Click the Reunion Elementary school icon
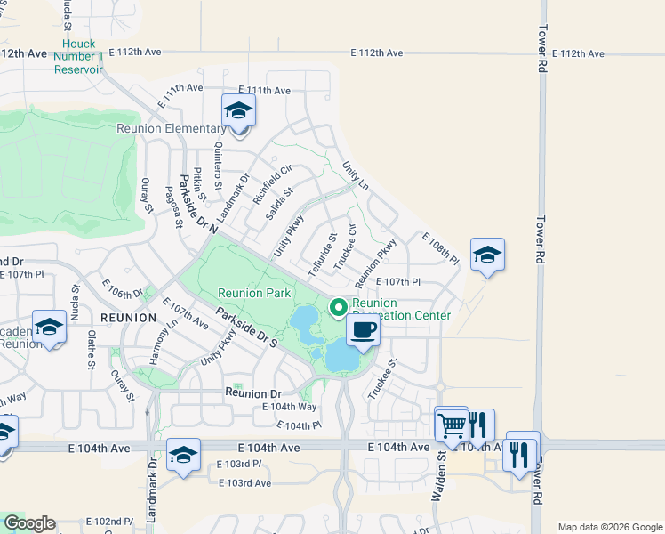(x=238, y=112)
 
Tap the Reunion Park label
(x=254, y=293)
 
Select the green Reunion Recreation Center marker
(x=338, y=308)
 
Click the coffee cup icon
(x=362, y=332)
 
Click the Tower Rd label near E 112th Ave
(x=542, y=52)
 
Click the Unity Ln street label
(x=356, y=175)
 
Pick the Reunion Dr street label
(x=252, y=392)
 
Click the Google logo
(x=29, y=523)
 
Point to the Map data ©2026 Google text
(x=609, y=527)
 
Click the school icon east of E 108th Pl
(x=487, y=255)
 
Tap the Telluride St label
(x=323, y=255)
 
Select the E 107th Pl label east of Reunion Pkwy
(x=397, y=282)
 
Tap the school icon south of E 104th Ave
(x=183, y=457)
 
